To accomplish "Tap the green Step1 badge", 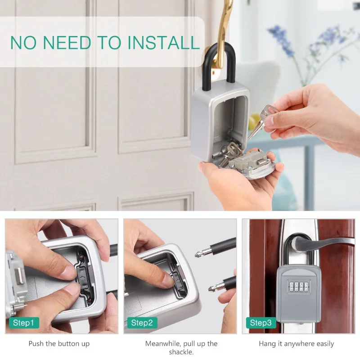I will [x=23, y=323].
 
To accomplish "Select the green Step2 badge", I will [x=142, y=323].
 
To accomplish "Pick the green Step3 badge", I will [x=261, y=323].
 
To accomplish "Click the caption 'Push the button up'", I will [x=59, y=344].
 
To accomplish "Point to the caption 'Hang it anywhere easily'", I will [x=296, y=344].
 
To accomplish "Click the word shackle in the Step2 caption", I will [x=181, y=352].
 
